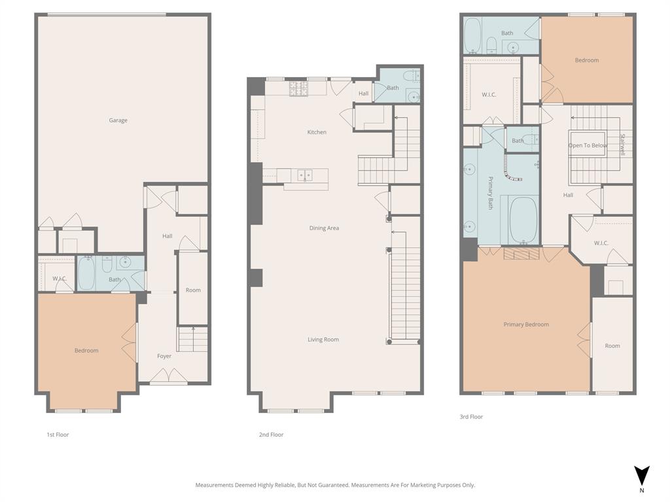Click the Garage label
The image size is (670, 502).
(x=118, y=120)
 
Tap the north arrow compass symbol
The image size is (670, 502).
(x=642, y=476)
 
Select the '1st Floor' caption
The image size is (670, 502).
(x=58, y=435)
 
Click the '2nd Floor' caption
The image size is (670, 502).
(x=271, y=435)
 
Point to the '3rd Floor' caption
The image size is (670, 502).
(x=471, y=416)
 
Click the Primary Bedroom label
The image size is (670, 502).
(x=526, y=324)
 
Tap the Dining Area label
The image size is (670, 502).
(x=324, y=228)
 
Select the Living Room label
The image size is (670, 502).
(x=323, y=339)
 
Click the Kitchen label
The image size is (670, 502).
(x=317, y=132)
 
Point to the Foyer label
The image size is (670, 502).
(x=164, y=356)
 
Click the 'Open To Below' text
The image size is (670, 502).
(x=588, y=146)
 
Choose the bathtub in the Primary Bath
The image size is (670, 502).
(x=523, y=220)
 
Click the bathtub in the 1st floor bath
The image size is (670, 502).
(x=86, y=273)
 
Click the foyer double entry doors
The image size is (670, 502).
(x=169, y=376)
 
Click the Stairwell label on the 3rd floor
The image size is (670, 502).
(x=622, y=145)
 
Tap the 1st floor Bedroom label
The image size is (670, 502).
(x=86, y=350)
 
